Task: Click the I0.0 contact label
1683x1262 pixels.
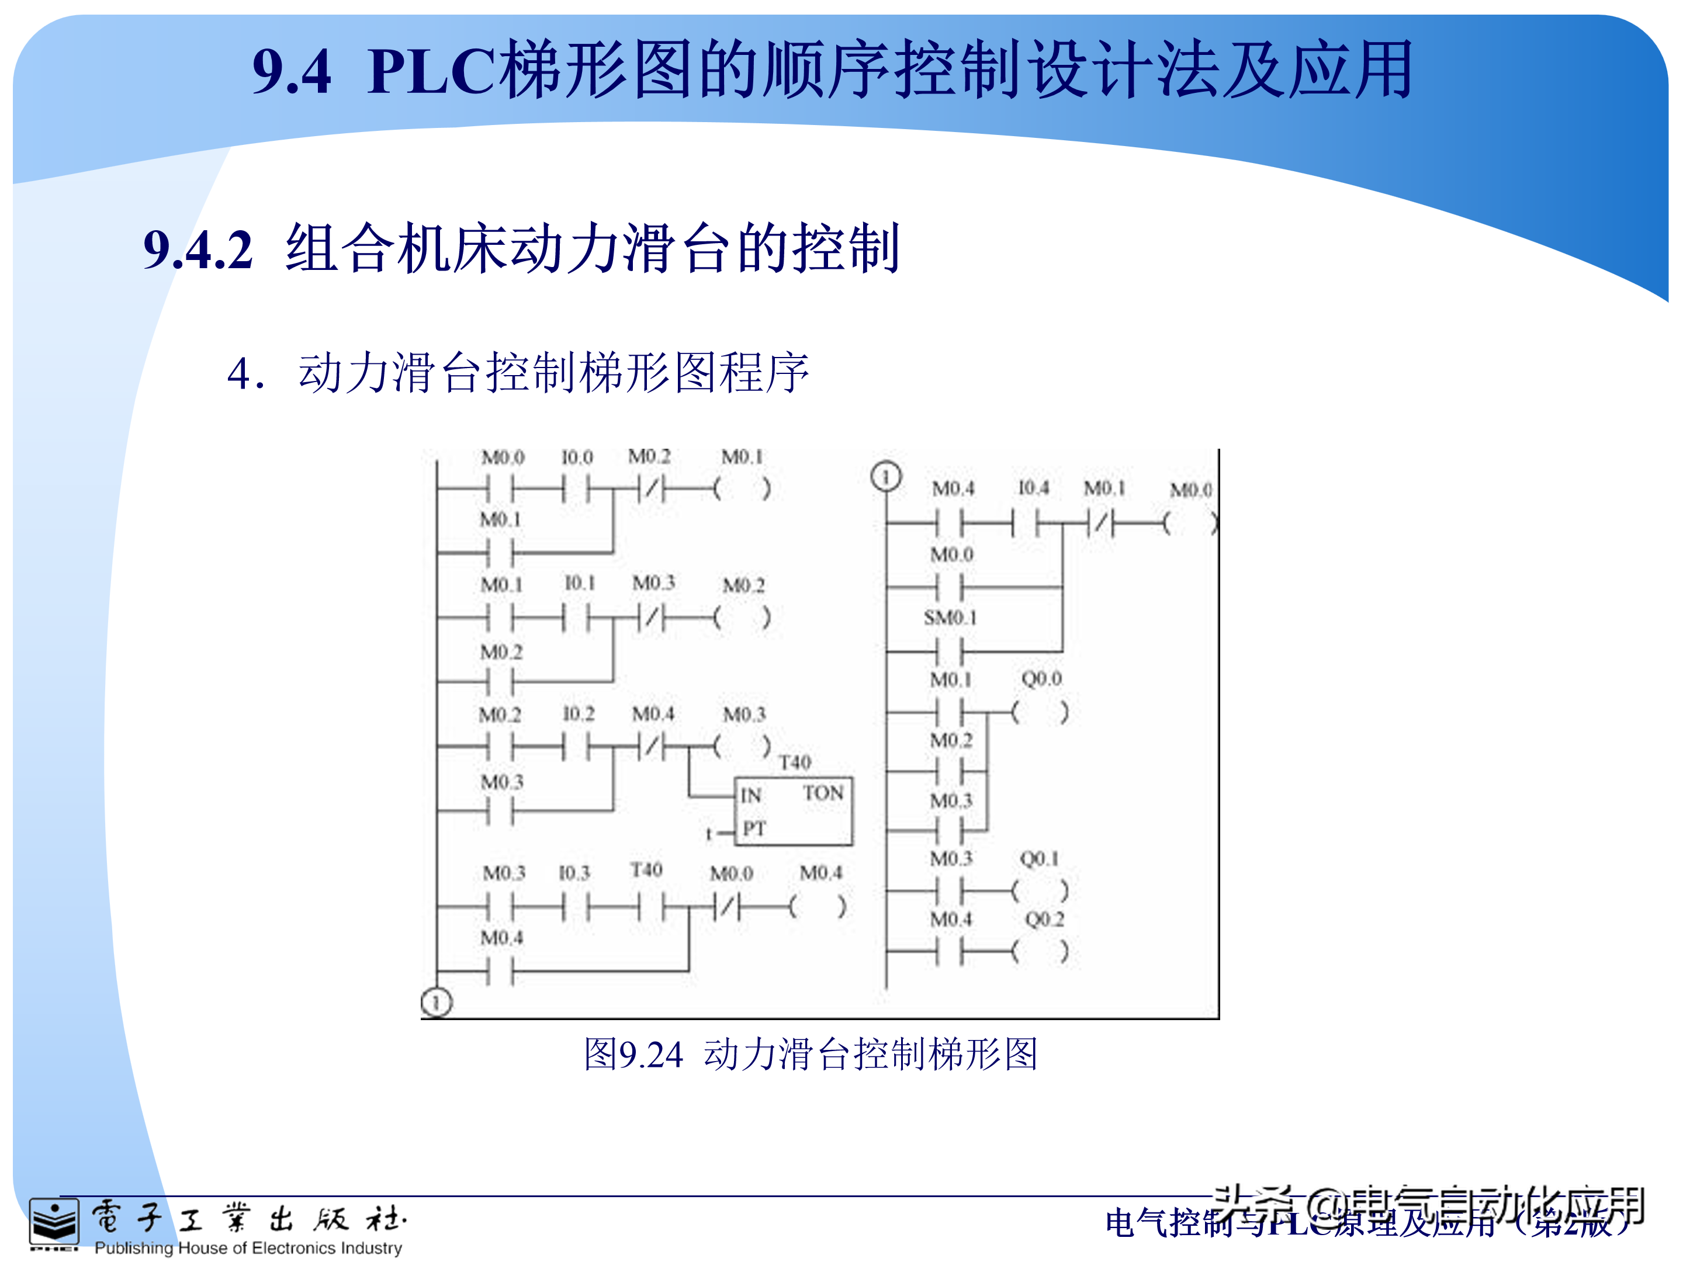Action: pyautogui.click(x=577, y=457)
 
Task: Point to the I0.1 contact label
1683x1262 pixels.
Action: pyautogui.click(x=579, y=584)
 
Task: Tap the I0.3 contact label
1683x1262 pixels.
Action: pyautogui.click(x=574, y=872)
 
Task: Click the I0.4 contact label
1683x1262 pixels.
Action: pyautogui.click(x=1033, y=488)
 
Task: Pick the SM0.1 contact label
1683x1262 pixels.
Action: pyautogui.click(x=950, y=618)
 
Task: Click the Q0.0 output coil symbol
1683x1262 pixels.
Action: pyautogui.click(x=1040, y=713)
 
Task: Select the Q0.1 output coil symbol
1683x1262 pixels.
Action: pyautogui.click(x=1040, y=890)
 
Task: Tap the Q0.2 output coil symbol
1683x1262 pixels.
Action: pyautogui.click(x=1040, y=951)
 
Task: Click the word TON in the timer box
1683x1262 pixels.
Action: pyautogui.click(x=823, y=793)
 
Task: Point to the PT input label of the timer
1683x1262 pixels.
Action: pyautogui.click(x=754, y=828)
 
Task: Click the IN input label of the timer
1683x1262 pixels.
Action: pyautogui.click(x=751, y=796)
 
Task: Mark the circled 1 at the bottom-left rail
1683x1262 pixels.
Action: pyautogui.click(x=436, y=1003)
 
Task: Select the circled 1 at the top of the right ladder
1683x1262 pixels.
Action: pyautogui.click(x=886, y=477)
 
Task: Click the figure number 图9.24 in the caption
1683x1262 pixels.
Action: pyautogui.click(x=633, y=1055)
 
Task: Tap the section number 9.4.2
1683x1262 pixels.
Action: pyautogui.click(x=198, y=249)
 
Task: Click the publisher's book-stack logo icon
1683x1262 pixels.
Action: pyautogui.click(x=53, y=1222)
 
